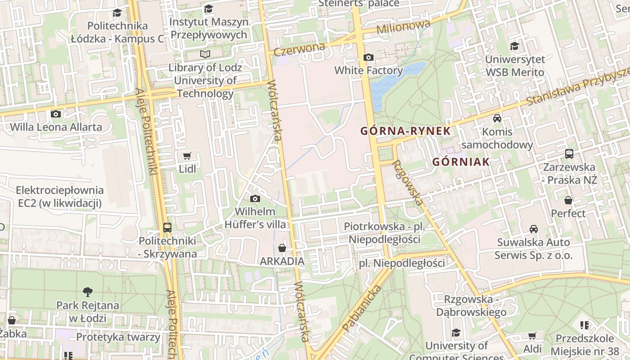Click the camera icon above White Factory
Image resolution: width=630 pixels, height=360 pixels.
pos(368,57)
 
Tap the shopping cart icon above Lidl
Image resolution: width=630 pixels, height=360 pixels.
pos(187,156)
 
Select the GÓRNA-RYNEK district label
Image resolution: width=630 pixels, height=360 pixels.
pos(405,131)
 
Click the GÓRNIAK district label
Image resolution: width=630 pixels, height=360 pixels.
pos(460,162)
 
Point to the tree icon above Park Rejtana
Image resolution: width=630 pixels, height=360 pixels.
pos(87,292)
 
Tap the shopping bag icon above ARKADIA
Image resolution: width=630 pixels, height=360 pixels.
pos(282,248)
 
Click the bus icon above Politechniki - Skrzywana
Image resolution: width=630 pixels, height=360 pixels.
pos(167,227)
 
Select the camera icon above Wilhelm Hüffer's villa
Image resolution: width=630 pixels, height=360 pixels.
pos(255,198)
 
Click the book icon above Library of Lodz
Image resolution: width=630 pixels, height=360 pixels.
pos(205,54)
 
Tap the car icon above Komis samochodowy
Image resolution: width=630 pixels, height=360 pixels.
pos(497,118)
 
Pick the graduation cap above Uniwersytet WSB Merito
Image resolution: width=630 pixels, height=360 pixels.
pos(514,46)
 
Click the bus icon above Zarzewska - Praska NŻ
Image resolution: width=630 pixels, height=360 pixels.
pos(569,154)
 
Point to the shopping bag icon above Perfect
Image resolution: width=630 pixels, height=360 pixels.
pos(568,200)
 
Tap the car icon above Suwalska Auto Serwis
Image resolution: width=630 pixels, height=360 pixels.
pos(533,229)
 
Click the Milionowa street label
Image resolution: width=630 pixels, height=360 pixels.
pos(403,27)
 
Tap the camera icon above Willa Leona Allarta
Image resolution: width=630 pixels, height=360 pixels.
pos(56,114)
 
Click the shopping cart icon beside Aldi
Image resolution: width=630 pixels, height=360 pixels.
pos(532,336)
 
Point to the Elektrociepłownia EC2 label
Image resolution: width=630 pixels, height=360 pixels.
pos(60,197)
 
